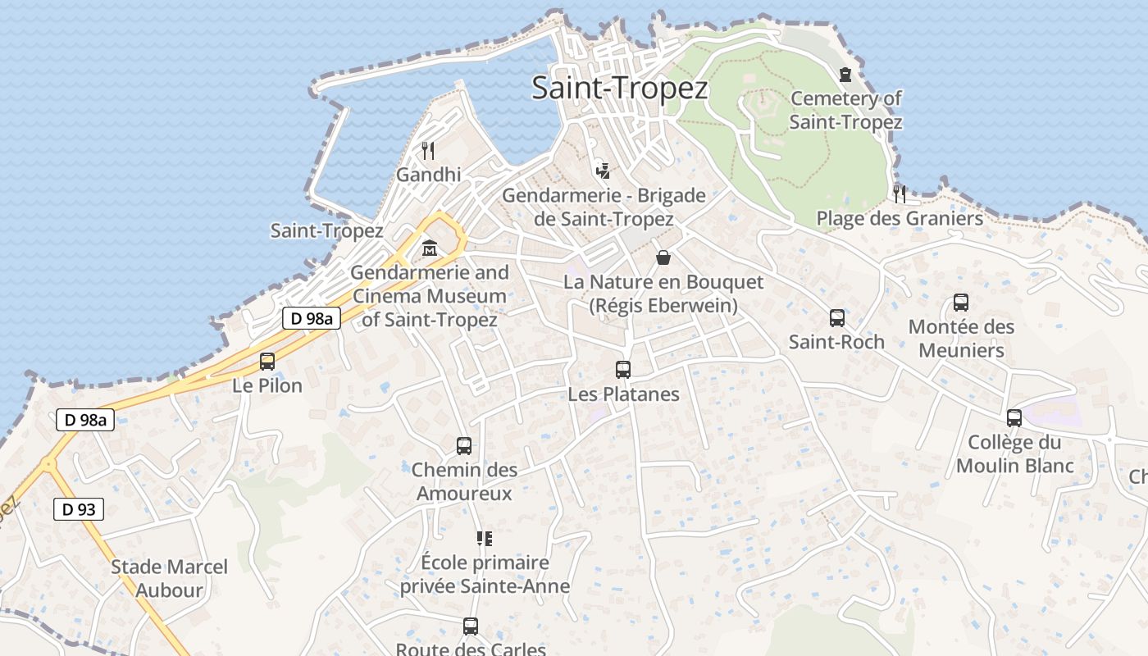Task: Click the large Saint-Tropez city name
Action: click(x=619, y=88)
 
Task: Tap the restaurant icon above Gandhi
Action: click(x=427, y=150)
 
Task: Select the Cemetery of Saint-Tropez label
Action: click(x=845, y=110)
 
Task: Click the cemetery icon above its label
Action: click(x=845, y=75)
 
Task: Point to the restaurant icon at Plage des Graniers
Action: click(x=900, y=194)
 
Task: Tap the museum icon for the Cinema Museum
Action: click(x=429, y=248)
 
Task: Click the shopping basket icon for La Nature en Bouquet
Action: click(x=663, y=257)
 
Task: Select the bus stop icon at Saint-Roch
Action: click(x=836, y=317)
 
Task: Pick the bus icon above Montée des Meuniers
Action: click(x=961, y=303)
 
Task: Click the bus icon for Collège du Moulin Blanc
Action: click(x=1014, y=418)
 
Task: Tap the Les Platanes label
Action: click(x=623, y=394)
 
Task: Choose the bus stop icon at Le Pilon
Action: click(x=266, y=361)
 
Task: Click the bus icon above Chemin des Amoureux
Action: click(x=464, y=446)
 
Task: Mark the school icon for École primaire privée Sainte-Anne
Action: click(x=485, y=539)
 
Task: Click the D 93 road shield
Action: click(x=79, y=509)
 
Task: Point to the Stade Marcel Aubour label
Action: click(x=169, y=578)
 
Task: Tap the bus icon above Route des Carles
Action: click(x=471, y=626)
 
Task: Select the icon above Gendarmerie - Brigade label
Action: click(x=603, y=171)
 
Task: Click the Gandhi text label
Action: click(x=428, y=175)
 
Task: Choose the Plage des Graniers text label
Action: click(x=900, y=219)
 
